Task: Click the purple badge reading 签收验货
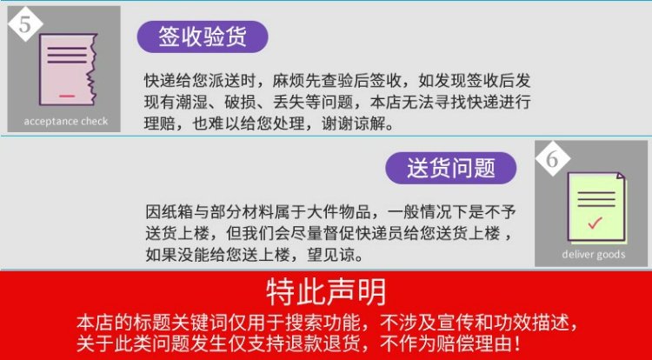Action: coord(203,37)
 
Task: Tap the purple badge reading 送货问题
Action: coord(450,168)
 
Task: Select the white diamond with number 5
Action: coord(25,24)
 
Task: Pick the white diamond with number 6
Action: coord(552,158)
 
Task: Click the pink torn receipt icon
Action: coord(68,70)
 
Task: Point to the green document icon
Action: coord(596,208)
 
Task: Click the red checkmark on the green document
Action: coord(595,223)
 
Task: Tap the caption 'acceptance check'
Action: coord(66,122)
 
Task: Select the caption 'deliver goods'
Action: coord(594,254)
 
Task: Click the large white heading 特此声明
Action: coord(326,292)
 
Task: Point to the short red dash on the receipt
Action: coord(67,96)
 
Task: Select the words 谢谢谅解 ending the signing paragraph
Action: coord(354,123)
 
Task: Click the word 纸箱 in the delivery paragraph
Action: coord(177,212)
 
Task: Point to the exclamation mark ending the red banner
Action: coord(517,343)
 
